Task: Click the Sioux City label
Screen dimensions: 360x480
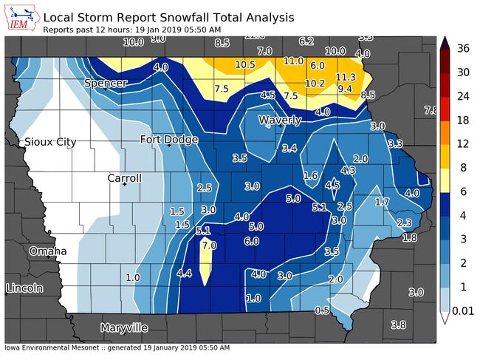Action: (49, 141)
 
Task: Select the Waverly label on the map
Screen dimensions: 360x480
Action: (280, 120)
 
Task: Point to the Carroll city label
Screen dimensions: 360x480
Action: (125, 178)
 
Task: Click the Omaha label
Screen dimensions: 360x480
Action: (48, 251)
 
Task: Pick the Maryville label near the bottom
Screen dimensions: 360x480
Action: (123, 327)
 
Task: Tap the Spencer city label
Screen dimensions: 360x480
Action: (106, 83)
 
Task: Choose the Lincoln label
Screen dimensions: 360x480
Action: (24, 288)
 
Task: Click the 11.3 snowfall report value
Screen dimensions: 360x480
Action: (346, 77)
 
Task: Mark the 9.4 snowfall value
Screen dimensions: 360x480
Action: (345, 89)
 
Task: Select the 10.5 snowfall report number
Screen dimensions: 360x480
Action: (245, 64)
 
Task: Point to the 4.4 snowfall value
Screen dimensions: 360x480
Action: (185, 274)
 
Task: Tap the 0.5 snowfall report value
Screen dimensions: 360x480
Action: (322, 310)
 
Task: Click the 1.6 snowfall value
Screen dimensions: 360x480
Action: (311, 175)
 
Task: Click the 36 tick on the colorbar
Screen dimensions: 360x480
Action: (464, 49)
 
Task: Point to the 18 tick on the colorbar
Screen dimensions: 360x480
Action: (463, 120)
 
